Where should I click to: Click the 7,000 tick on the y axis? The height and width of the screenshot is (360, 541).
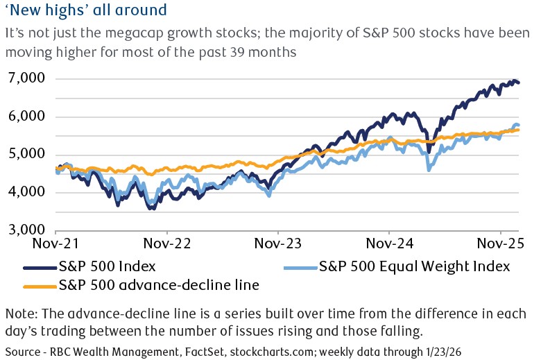pos(26,78)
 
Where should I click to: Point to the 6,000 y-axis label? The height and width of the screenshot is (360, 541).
pos(26,116)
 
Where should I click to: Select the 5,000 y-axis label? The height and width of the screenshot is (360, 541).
pos(26,153)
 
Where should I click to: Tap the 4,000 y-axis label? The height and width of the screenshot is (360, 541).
pos(26,191)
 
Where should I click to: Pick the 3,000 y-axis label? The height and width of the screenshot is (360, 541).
pos(26,229)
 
